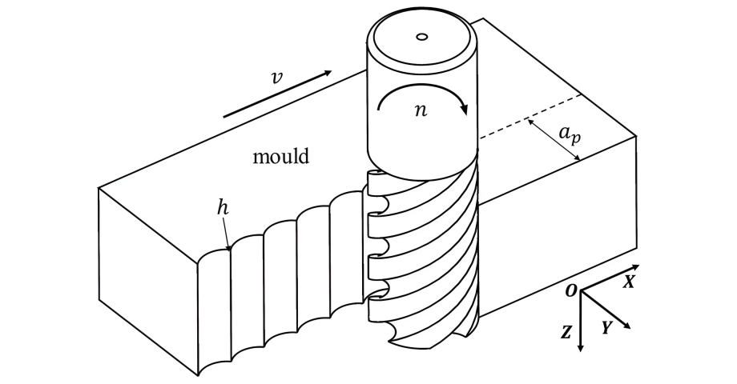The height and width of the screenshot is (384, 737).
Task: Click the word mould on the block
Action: [x=281, y=156]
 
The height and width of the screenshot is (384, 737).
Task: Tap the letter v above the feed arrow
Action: [x=277, y=78]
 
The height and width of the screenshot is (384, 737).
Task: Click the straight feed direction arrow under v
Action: [x=277, y=94]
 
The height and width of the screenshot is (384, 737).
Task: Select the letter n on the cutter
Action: [x=421, y=110]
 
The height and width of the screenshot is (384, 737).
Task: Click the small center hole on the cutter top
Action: [x=421, y=37]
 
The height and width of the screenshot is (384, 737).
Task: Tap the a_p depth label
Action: [x=570, y=134]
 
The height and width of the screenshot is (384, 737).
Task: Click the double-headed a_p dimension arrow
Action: [x=554, y=141]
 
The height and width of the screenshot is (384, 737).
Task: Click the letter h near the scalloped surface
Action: [x=223, y=207]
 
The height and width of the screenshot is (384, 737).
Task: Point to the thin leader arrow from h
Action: [x=227, y=234]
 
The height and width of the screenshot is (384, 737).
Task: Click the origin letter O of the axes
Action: [x=570, y=291]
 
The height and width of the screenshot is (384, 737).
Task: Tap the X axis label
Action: [x=629, y=282]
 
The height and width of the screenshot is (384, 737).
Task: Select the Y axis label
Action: [x=606, y=328]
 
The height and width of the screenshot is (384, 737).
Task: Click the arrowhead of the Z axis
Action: [x=581, y=348]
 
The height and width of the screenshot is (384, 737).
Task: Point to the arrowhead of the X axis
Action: [x=635, y=267]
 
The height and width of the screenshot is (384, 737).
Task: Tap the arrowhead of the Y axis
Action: [x=626, y=325]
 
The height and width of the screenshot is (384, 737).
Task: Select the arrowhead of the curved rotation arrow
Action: [x=465, y=109]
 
